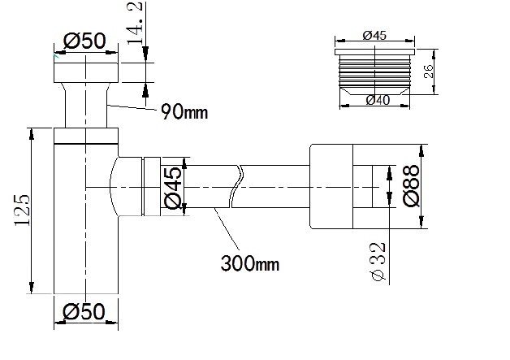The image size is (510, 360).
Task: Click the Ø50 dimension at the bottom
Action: pos(85,310)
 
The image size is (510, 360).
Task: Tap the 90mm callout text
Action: pos(184,111)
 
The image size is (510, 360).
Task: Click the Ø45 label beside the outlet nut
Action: pos(173,189)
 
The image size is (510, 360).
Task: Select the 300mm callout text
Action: pos(250,263)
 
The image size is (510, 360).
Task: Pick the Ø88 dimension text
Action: pos(412,188)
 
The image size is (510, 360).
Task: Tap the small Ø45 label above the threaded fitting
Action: pos(374,35)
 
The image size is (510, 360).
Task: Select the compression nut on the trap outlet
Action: pos(152,188)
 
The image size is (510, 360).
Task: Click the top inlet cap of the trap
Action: pos(85,70)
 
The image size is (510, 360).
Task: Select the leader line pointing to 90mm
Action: pos(132,106)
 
